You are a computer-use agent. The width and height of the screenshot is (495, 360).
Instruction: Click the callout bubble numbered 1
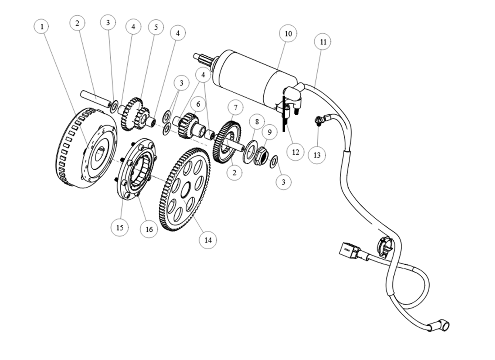click(42, 27)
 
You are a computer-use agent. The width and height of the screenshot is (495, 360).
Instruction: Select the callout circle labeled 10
click(288, 34)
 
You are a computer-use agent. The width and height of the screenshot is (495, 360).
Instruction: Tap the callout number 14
click(208, 240)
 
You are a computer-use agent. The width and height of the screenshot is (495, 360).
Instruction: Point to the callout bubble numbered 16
click(149, 229)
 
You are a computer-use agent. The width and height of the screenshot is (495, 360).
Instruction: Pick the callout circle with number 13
click(317, 155)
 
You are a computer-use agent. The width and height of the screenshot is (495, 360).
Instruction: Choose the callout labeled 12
click(295, 152)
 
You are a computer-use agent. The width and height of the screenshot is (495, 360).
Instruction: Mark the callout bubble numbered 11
click(323, 42)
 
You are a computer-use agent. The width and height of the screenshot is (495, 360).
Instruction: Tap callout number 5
click(156, 27)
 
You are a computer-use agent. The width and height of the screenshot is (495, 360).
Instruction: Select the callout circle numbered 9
click(270, 132)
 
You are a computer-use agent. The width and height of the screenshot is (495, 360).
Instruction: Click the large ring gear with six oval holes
click(185, 189)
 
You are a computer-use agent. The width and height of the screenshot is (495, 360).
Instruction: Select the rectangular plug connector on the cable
click(349, 250)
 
